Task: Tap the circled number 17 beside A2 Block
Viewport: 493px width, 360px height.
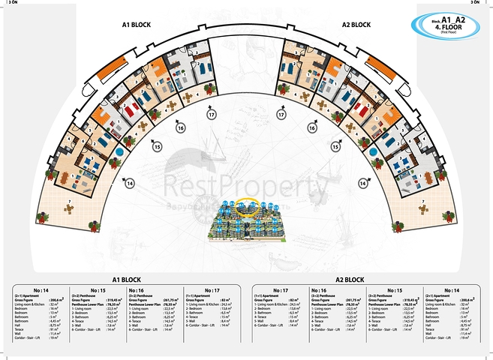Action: point(281,115)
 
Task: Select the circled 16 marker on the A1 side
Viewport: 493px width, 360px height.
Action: point(180,128)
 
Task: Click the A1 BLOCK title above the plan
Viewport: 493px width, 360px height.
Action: point(137,25)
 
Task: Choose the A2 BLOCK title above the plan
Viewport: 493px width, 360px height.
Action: point(356,25)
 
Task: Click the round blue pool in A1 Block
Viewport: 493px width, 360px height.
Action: point(118,153)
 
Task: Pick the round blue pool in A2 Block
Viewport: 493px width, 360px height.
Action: point(374,153)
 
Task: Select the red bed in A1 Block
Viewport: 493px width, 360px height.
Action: point(130,110)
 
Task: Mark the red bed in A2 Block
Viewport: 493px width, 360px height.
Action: point(363,110)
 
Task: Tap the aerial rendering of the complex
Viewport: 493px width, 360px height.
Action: point(246,218)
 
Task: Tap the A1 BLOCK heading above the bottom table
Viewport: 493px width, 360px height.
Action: point(127,279)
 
